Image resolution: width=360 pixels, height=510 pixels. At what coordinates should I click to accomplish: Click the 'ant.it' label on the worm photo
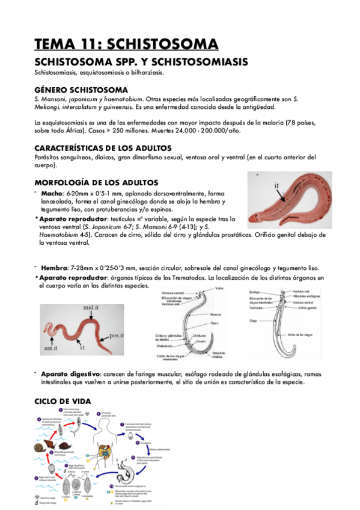coord(50,348)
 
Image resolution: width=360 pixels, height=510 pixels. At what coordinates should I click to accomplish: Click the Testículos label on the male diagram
coord(257,307)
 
